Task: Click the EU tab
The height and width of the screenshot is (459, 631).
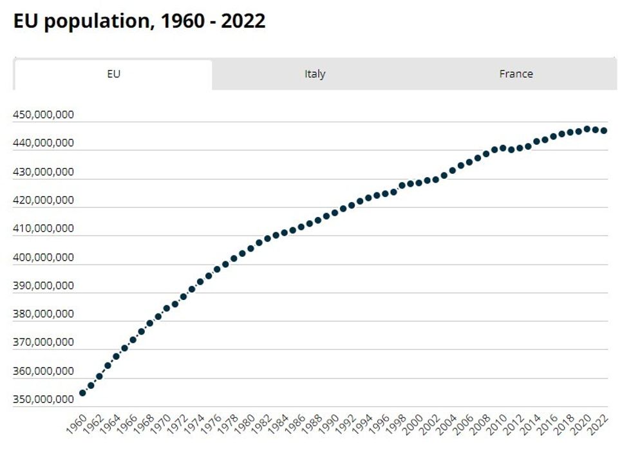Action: click(x=113, y=74)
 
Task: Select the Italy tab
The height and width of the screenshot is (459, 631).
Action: click(x=315, y=74)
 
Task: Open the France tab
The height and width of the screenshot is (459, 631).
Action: click(x=516, y=74)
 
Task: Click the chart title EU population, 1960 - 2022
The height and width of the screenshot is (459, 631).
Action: click(x=139, y=21)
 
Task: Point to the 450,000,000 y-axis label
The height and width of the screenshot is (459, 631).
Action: click(x=43, y=115)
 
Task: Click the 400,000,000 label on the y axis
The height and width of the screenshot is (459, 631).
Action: click(x=43, y=258)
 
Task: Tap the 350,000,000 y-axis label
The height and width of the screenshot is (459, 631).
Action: click(x=43, y=400)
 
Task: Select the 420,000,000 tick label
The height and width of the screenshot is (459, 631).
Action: click(x=43, y=200)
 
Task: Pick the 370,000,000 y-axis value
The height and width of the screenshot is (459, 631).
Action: click(x=43, y=342)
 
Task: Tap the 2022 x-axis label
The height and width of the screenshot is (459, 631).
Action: click(x=599, y=425)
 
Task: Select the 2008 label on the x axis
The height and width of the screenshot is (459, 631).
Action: click(x=481, y=425)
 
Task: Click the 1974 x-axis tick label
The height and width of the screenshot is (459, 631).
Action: click(x=195, y=425)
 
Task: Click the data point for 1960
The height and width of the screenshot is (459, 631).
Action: click(x=82, y=393)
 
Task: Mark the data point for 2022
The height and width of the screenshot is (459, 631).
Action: click(x=604, y=131)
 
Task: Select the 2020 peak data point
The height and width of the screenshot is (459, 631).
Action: click(x=587, y=129)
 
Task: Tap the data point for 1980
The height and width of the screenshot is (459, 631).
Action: click(x=250, y=248)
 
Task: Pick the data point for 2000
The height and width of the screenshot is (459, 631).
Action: click(x=419, y=182)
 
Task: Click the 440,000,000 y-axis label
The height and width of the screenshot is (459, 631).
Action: click(x=43, y=144)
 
